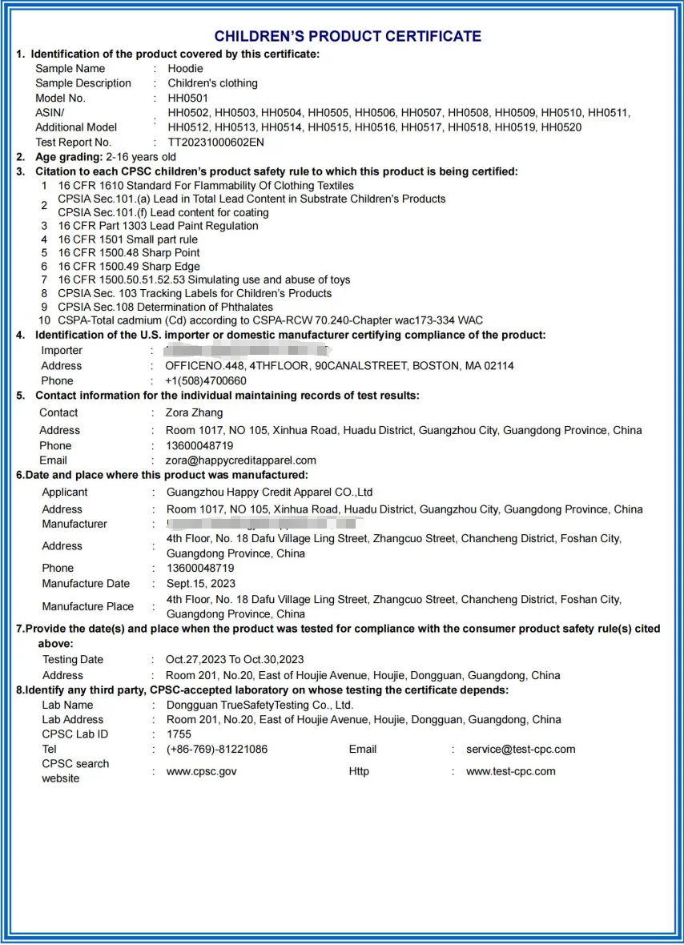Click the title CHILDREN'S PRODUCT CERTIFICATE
click(348, 37)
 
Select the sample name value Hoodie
click(185, 69)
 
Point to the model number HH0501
click(187, 99)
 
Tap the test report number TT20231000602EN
click(215, 143)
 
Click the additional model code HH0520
click(561, 127)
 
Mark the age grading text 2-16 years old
click(141, 157)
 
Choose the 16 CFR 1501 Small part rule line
click(127, 239)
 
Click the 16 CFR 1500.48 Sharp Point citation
click(129, 253)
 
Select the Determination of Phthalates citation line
click(165, 307)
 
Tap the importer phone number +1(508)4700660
click(206, 381)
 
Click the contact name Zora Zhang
click(195, 413)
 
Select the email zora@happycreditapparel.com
click(241, 460)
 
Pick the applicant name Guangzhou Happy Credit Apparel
click(269, 493)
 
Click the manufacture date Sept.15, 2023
click(200, 584)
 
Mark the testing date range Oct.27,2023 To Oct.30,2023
click(235, 660)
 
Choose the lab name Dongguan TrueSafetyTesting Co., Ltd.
click(260, 706)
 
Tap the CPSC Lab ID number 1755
click(179, 734)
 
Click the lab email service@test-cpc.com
click(521, 750)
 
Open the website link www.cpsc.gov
click(201, 772)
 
